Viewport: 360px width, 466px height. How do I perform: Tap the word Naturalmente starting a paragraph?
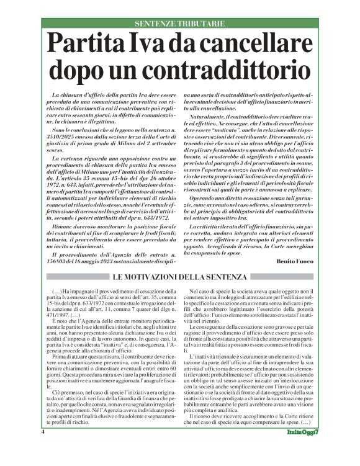point(208,116)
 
